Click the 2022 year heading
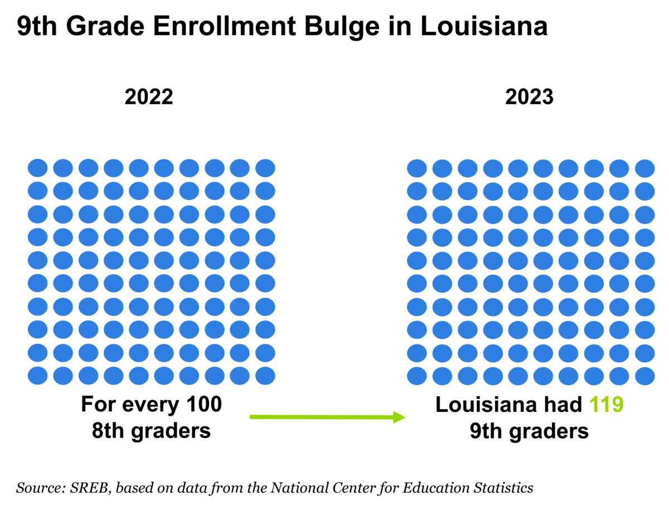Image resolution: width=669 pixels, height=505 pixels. pos(149,97)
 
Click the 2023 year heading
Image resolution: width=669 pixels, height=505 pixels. pos(529,97)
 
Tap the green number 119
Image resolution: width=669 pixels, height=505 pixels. pos(606,405)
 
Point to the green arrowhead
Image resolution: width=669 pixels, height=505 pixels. pos(399,417)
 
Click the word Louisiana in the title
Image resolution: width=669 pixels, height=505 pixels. pos(484,26)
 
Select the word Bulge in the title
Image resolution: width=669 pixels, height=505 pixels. pos(342,27)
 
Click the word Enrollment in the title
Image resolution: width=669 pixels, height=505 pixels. pos(224,26)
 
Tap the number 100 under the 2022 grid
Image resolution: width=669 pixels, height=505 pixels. pos(204,404)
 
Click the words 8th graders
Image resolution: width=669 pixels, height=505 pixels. pos(151,431)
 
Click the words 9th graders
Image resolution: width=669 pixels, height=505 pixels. pos(529,431)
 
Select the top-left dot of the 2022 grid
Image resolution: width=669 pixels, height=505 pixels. pos(37,168)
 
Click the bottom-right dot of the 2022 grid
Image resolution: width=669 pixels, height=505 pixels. pos(265,376)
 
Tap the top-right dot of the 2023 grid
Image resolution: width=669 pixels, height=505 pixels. pos(644,168)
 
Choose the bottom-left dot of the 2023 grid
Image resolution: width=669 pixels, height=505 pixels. pos(416,376)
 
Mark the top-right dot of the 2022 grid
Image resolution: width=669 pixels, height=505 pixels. pos(265,168)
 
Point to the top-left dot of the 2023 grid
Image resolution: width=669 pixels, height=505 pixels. pos(416,168)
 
